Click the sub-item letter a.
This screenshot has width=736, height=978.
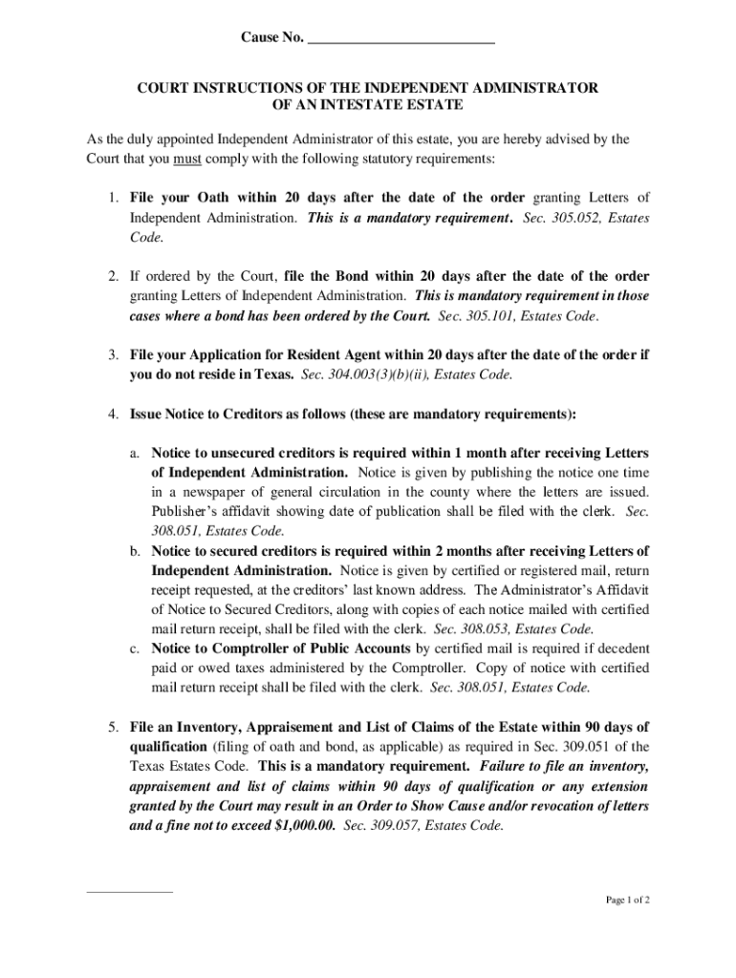137,453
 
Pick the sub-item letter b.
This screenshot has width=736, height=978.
137,551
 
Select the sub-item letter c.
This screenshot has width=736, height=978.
137,648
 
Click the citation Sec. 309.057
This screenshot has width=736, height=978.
384,825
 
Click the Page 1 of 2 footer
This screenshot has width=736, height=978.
629,900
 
